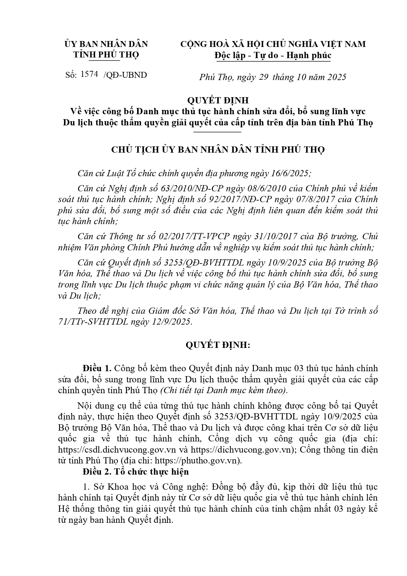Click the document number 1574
(89, 74)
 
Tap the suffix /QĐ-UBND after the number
(125, 75)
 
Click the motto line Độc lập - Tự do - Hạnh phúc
(273, 55)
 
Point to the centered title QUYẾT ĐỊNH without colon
(218, 100)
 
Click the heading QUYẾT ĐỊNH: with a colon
(218, 345)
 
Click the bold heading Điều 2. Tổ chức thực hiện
(136, 472)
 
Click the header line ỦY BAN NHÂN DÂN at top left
(106, 44)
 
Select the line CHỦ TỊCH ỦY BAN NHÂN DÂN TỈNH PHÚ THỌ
(218, 150)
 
